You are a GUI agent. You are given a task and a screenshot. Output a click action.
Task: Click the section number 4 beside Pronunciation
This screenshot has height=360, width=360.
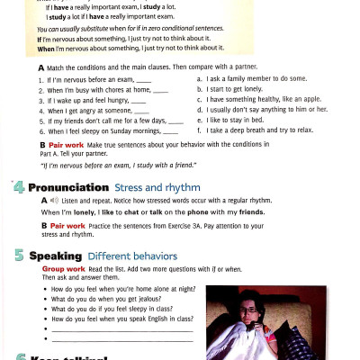pyautogui.click(x=18, y=187)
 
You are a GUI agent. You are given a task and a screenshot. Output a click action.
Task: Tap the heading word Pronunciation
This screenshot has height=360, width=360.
pyautogui.click(x=69, y=187)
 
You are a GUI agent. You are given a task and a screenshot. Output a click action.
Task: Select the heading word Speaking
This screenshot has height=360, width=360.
pyautogui.click(x=56, y=256)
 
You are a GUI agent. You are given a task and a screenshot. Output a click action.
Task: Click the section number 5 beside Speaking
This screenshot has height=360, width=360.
pyautogui.click(x=18, y=256)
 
